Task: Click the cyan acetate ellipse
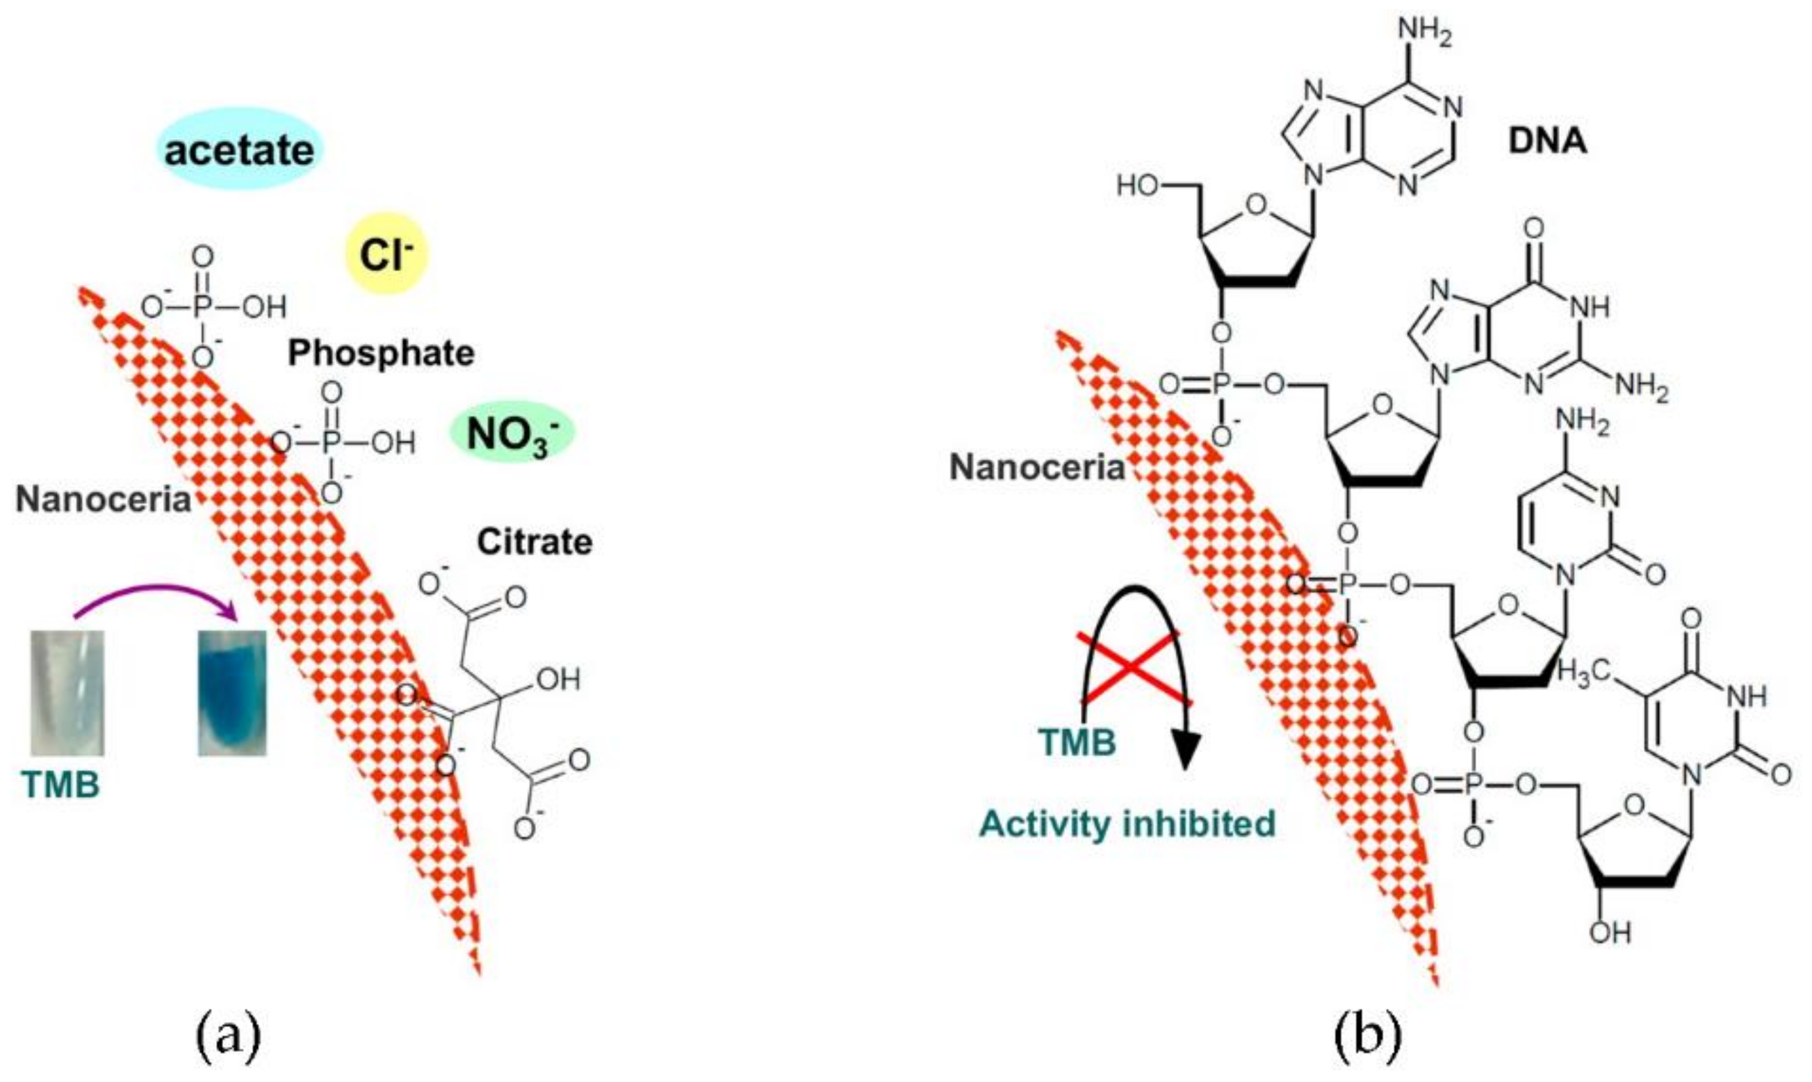239,150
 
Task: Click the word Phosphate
381,354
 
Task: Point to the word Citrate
534,543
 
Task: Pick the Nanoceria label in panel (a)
103,500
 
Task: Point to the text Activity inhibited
1127,824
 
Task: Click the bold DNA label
1547,140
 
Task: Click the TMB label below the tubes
60,785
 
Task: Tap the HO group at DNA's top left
1138,186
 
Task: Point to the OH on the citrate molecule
558,680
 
